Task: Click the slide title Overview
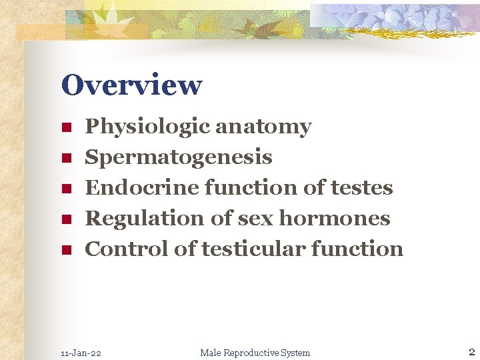click(x=131, y=85)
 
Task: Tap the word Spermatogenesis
click(x=179, y=157)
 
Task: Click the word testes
click(x=362, y=188)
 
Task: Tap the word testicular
click(x=252, y=249)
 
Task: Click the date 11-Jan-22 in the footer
click(x=81, y=353)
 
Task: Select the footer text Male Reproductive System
click(x=255, y=353)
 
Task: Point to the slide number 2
click(x=471, y=352)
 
